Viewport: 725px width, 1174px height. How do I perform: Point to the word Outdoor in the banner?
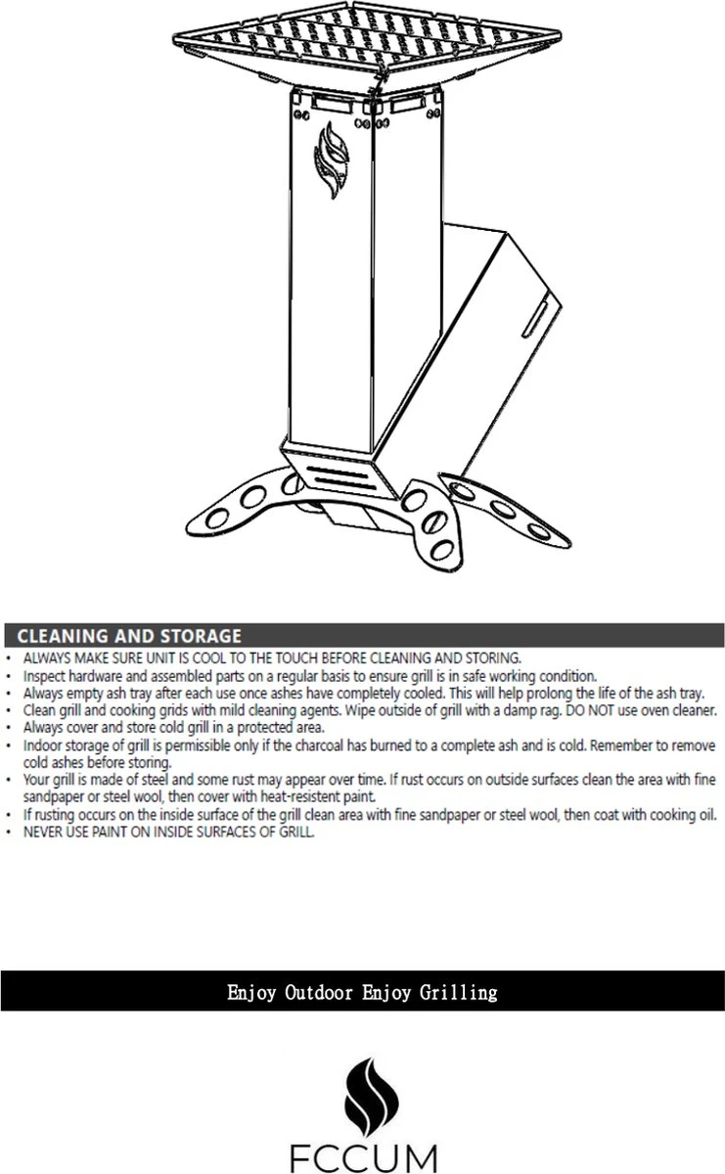click(319, 993)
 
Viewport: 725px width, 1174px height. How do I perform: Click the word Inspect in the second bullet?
click(42, 675)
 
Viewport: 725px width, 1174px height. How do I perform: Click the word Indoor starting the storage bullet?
click(42, 745)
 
